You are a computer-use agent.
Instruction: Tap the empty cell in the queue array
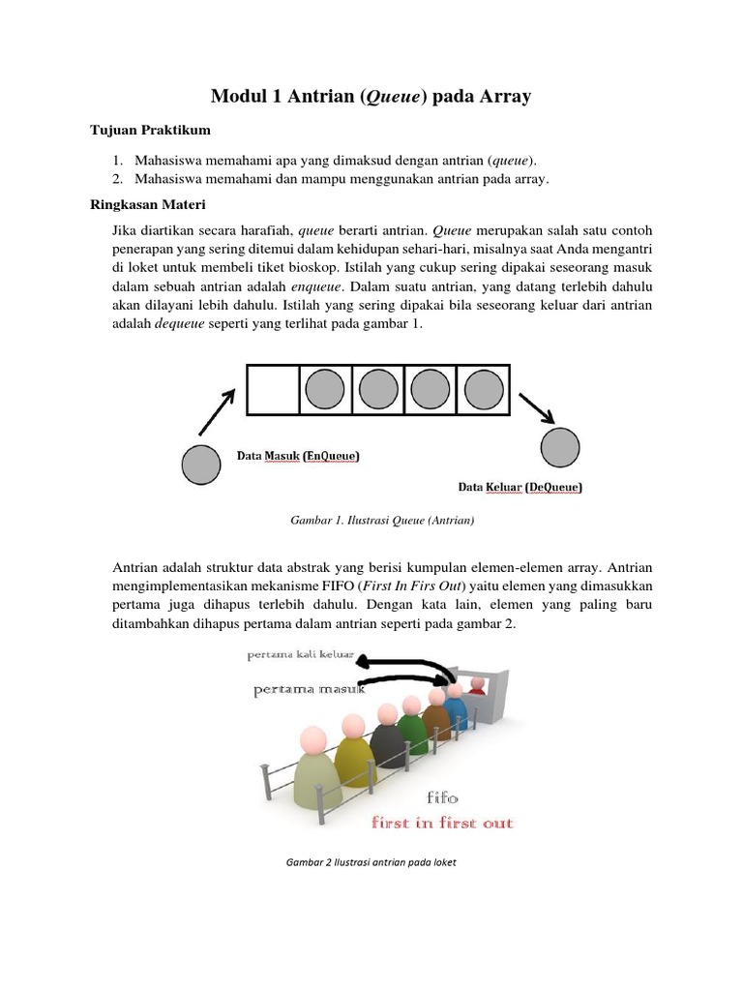[273, 390]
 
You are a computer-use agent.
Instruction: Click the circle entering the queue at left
[201, 465]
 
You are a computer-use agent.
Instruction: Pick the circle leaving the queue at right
[560, 448]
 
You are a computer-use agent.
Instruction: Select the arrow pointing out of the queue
[537, 407]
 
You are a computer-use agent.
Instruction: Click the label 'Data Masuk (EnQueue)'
[299, 455]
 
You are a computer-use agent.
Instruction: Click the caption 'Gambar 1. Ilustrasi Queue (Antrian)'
[381, 521]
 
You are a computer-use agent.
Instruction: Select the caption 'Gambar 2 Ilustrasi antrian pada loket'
[371, 862]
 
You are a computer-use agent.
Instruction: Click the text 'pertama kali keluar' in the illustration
[301, 655]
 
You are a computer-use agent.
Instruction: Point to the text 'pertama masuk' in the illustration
[309, 691]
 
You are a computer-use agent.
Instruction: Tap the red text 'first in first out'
[443, 824]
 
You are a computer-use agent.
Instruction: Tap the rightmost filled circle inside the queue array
[483, 390]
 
